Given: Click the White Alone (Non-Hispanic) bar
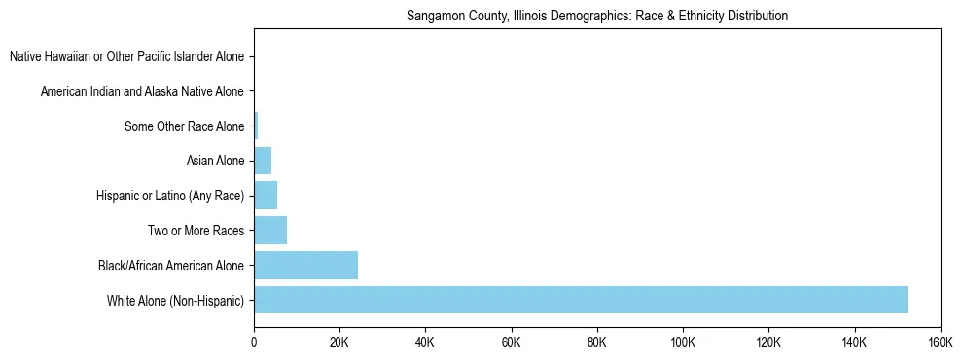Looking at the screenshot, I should pos(581,300).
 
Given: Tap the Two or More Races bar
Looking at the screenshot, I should pos(270,231).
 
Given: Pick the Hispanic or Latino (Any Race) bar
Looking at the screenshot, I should pos(266,196).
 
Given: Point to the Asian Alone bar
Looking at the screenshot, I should pos(263,161).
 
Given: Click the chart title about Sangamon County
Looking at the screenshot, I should pos(596,16).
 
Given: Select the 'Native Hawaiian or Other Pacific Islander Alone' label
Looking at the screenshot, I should pos(127,57).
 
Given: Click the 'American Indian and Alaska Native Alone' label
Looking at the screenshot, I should pos(143,92).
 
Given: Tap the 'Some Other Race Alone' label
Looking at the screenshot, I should pos(185,126).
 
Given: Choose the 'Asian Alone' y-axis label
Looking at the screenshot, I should pos(215,162).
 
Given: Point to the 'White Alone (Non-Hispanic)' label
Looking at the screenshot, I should pos(176,301).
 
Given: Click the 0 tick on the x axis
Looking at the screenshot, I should pos(254,342).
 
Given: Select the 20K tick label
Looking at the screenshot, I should pos(339,342).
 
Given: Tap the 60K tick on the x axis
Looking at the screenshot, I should pos(511,342).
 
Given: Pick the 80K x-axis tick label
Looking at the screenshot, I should pos(597,342).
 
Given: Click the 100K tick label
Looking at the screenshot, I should pos(683,342).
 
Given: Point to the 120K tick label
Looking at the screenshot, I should pos(768,342).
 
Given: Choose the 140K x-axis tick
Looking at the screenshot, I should pos(854,342).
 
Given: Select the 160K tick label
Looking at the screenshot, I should pos(939,342).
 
